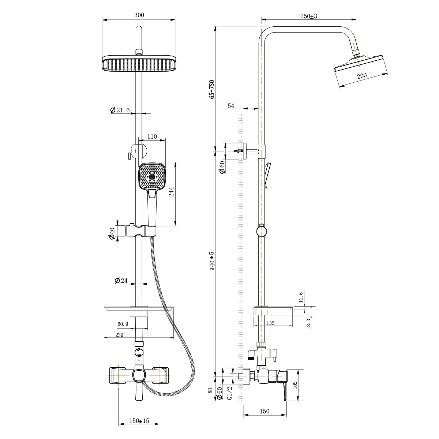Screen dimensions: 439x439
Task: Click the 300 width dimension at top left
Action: [139, 15]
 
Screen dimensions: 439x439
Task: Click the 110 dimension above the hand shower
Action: [152, 137]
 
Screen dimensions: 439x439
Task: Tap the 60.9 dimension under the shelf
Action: [123, 324]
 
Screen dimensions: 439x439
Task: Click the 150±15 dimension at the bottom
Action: [139, 421]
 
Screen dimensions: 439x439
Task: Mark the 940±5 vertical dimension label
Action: [212, 261]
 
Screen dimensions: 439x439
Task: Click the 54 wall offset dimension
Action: [231, 106]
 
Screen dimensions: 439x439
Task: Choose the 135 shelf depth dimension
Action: [271, 323]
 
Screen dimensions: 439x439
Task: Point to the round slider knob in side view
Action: [261, 231]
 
